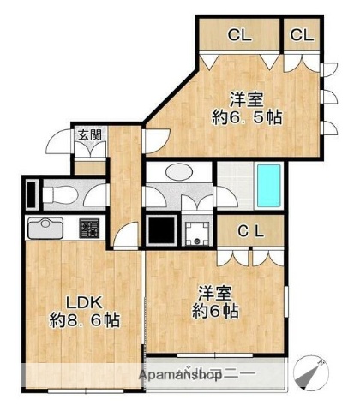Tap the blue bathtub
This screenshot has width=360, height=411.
270,186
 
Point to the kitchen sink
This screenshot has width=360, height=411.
41,229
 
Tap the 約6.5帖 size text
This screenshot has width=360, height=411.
249,116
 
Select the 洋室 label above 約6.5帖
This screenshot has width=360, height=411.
249,97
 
